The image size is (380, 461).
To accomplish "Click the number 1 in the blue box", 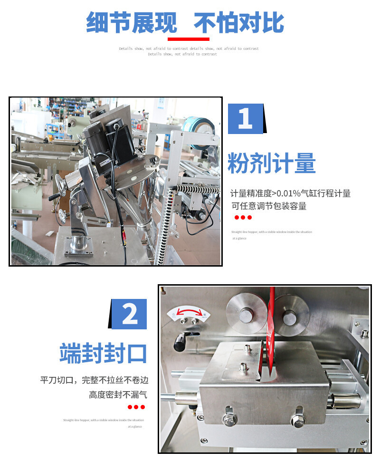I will pos(245,118).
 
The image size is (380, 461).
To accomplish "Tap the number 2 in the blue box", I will pos(129,314).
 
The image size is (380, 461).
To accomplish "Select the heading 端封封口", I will pos(103,353).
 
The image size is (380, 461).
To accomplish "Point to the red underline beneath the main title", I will pos(189,39).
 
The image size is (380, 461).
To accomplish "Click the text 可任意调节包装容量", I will pos(269,206).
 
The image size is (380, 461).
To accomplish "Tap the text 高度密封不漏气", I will pos(118,394).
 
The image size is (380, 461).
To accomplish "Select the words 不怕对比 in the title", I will pos(239,22).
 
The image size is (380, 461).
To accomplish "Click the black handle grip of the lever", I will pos(180,341).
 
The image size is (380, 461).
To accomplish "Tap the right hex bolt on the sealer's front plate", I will pos(297,419).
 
